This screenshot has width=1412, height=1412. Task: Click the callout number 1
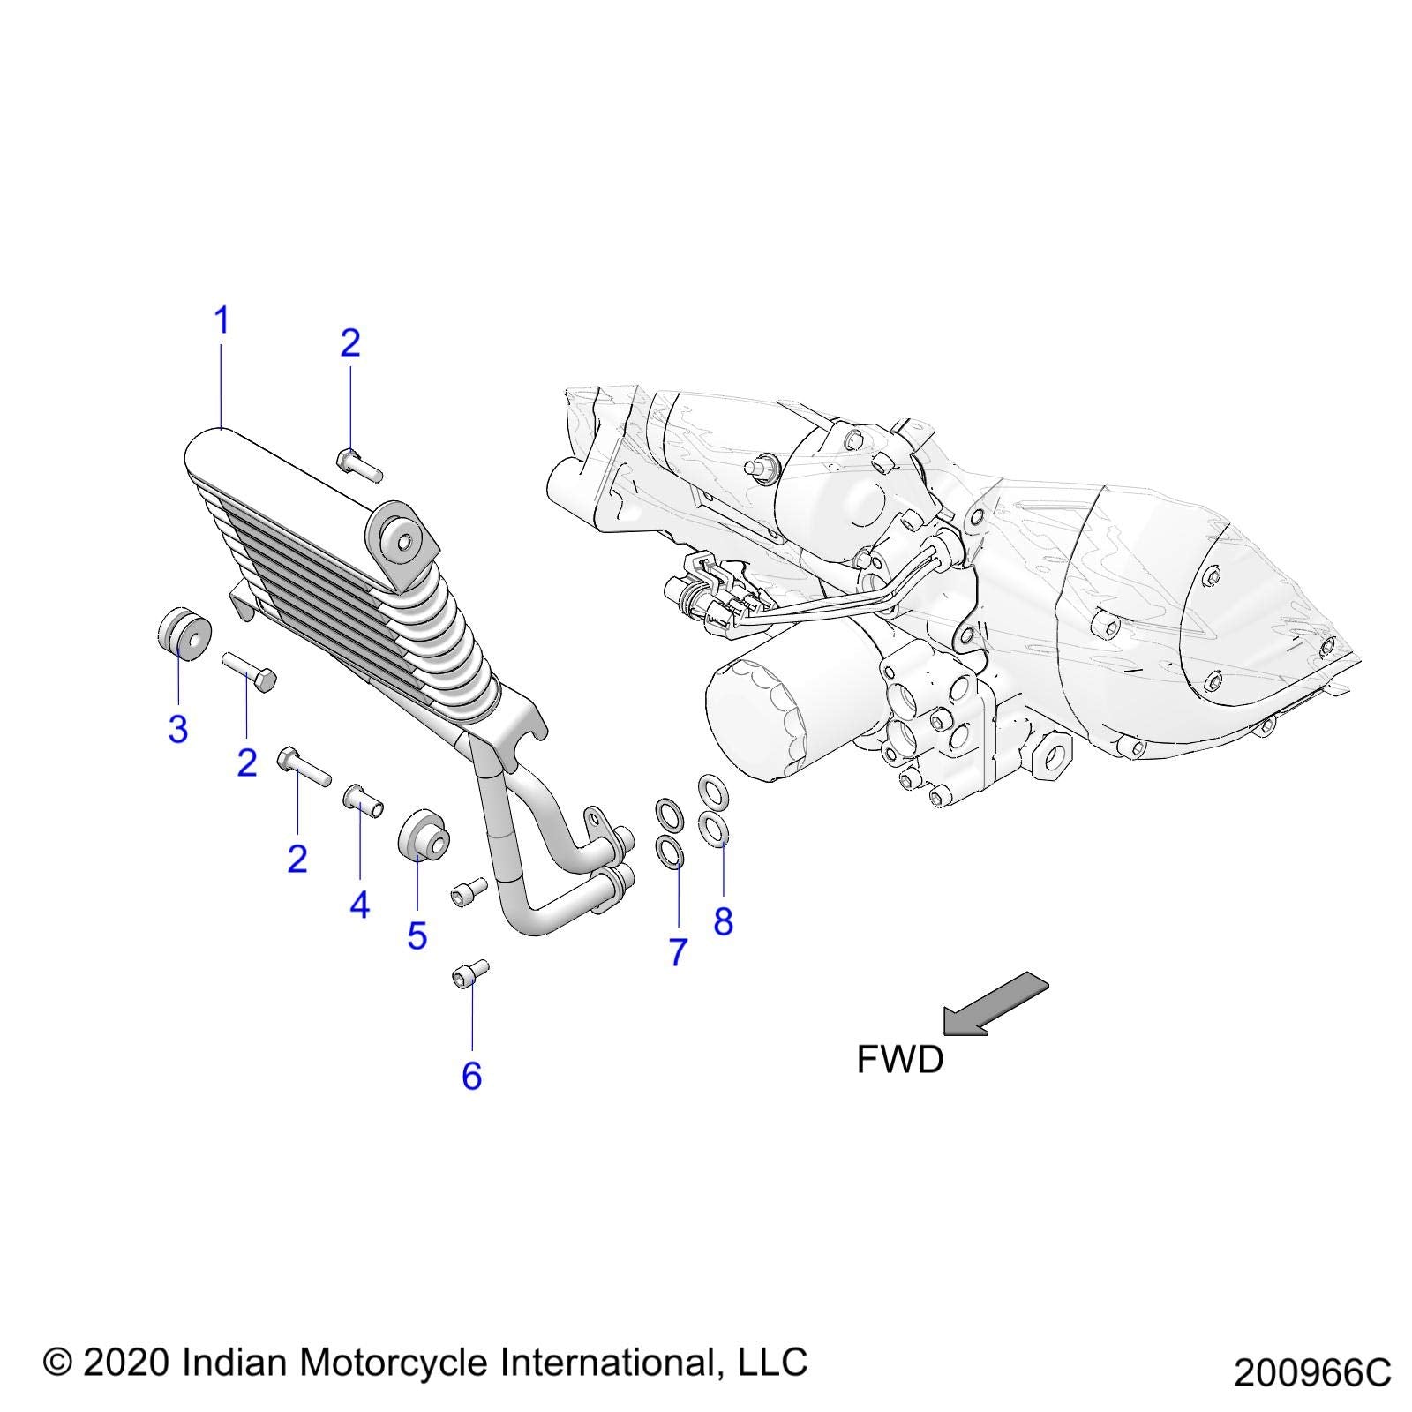coord(222,321)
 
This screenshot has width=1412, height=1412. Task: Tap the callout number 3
coord(178,729)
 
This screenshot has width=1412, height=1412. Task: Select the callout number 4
coord(359,905)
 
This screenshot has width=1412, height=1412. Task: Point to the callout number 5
coord(417,935)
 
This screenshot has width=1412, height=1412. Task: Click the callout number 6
coord(472,1076)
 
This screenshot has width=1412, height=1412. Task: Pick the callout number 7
coord(678,952)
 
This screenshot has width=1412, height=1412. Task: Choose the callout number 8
coord(724,922)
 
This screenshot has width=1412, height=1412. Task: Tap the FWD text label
coord(900,1059)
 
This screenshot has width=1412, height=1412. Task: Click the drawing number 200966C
coord(1312,1373)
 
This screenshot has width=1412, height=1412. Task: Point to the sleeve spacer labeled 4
coord(363,800)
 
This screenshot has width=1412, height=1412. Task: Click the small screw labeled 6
coord(469,974)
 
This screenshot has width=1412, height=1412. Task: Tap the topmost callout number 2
coord(350,343)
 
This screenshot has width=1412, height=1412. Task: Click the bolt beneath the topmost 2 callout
coord(359,464)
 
